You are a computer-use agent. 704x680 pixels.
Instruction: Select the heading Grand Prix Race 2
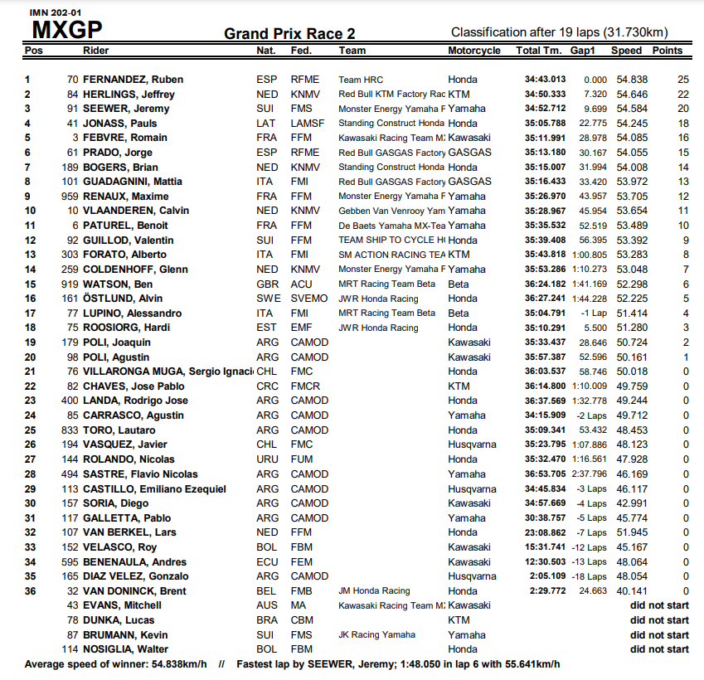click(289, 33)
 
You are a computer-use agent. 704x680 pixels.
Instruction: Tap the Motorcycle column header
click(474, 51)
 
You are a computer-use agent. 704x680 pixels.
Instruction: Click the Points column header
click(668, 51)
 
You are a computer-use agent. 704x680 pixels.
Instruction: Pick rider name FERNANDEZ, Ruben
click(133, 80)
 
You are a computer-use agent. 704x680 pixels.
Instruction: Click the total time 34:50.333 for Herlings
click(545, 95)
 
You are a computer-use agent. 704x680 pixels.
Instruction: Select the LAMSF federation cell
click(307, 124)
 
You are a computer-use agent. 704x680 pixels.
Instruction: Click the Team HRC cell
click(361, 80)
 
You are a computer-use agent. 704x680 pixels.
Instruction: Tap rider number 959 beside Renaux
click(70, 197)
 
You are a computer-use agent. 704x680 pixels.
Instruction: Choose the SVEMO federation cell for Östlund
click(308, 299)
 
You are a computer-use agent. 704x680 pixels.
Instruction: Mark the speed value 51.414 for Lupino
click(630, 313)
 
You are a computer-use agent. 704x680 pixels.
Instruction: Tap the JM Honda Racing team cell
click(374, 590)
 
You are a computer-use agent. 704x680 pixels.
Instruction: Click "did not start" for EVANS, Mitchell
click(658, 605)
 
